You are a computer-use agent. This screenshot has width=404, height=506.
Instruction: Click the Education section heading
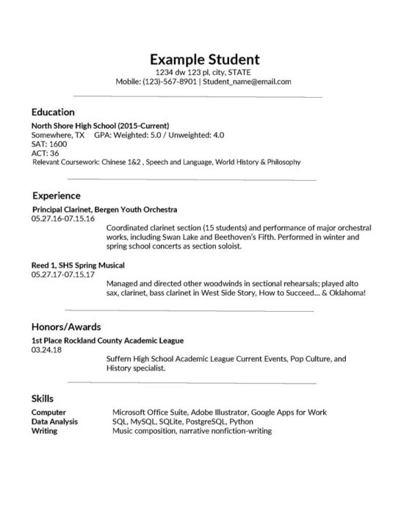(53, 113)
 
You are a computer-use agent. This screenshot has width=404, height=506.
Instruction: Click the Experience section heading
(56, 196)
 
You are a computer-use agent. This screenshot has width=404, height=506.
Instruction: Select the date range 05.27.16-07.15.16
(63, 218)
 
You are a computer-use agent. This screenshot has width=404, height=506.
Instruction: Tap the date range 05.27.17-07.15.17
(63, 274)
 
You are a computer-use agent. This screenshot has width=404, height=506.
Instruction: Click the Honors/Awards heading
(66, 326)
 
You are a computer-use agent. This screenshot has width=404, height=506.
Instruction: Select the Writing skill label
(45, 430)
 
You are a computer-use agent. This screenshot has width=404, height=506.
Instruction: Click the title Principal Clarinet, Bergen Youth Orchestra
(104, 210)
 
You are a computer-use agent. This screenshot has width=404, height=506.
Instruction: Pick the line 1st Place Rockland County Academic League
(107, 341)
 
